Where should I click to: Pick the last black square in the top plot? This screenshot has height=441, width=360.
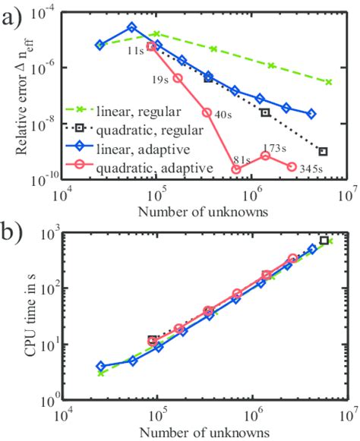click(x=324, y=151)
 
